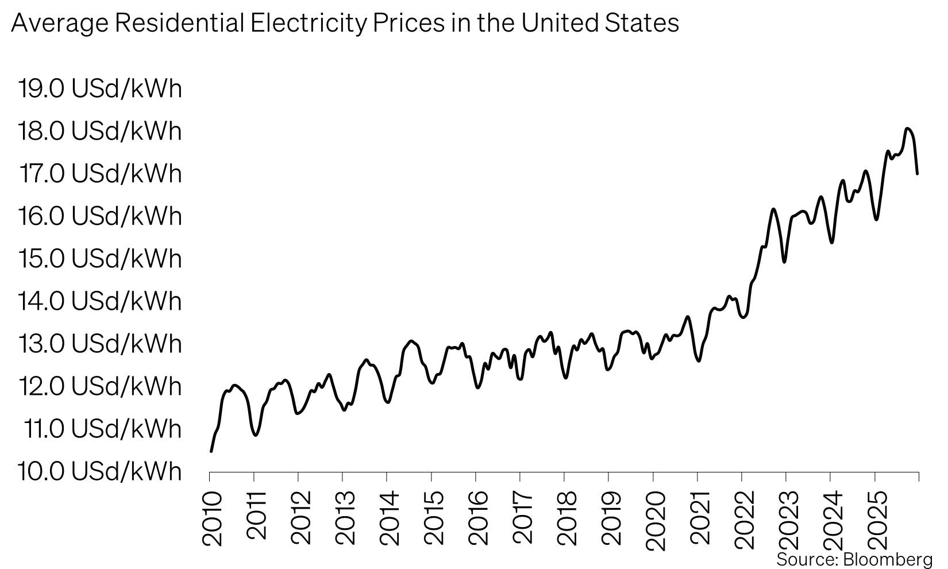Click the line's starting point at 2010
(x=211, y=451)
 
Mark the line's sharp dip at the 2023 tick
(x=784, y=262)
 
